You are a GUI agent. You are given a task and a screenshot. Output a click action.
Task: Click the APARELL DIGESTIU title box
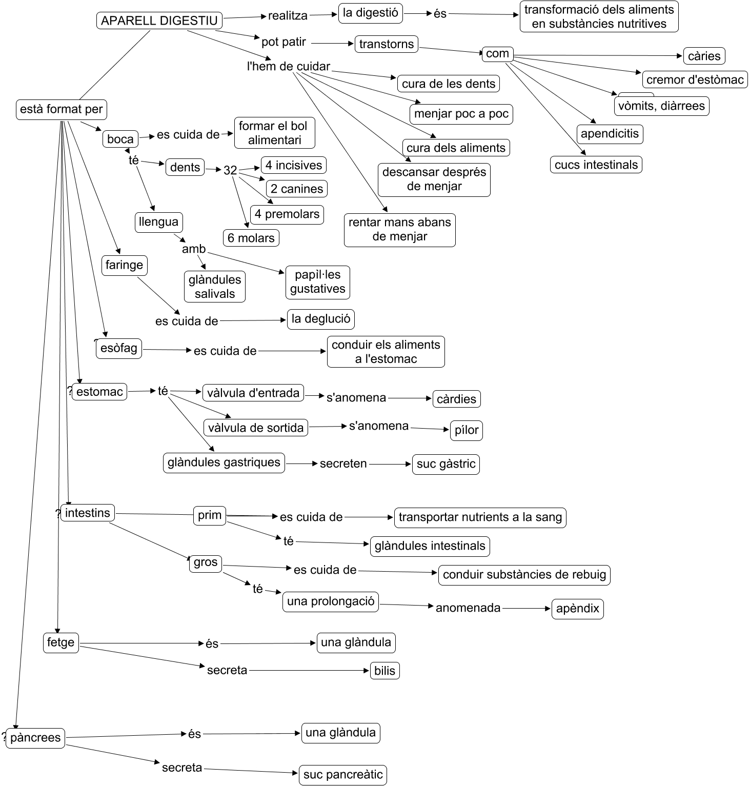click(159, 21)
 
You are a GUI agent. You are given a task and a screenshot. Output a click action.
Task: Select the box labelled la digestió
click(370, 13)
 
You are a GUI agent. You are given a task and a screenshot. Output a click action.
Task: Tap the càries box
click(704, 56)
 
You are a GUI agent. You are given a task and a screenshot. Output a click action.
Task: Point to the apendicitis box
click(610, 134)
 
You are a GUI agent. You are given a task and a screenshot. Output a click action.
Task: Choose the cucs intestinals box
click(596, 165)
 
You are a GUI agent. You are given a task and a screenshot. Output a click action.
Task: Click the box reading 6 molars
click(251, 238)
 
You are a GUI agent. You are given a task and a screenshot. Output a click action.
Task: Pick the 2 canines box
click(297, 189)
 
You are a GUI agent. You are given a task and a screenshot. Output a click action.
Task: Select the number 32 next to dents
click(230, 170)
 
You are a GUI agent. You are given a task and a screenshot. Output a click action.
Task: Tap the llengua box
click(158, 222)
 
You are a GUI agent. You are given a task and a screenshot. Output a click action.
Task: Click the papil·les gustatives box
click(317, 282)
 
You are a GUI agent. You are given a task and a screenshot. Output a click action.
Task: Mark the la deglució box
click(320, 319)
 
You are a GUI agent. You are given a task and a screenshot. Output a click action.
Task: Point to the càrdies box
click(456, 399)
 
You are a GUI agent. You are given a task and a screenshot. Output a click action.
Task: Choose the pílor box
click(466, 430)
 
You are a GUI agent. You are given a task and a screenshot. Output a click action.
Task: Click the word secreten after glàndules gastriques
click(343, 464)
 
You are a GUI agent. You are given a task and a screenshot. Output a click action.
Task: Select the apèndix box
click(577, 609)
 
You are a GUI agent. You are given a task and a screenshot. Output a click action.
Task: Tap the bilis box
click(384, 671)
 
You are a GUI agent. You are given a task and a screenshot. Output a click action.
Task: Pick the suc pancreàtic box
click(342, 775)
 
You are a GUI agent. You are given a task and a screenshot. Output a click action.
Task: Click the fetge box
click(60, 642)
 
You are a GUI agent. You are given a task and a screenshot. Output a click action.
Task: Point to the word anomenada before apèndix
click(468, 608)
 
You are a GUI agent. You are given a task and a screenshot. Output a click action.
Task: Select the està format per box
click(61, 109)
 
